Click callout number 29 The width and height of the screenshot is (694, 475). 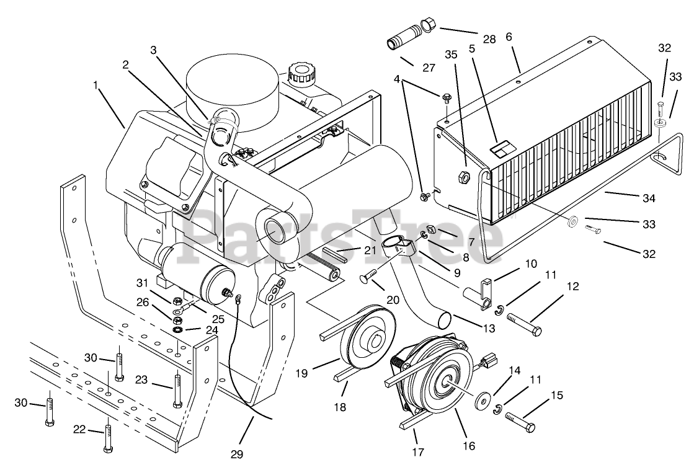tap(236, 455)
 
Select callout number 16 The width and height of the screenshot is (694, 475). tap(468, 445)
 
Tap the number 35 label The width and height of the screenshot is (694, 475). tap(451, 54)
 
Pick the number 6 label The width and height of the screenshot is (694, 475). tap(509, 37)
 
